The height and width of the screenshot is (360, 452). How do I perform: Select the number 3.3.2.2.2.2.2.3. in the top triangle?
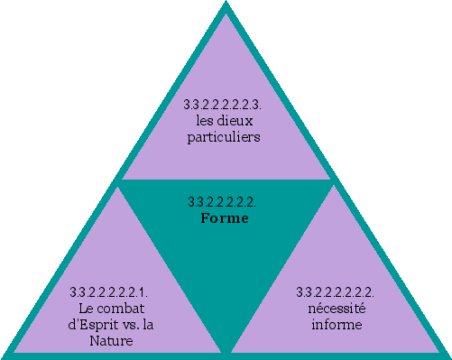click(x=225, y=105)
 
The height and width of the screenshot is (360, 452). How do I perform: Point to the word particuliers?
click(x=225, y=138)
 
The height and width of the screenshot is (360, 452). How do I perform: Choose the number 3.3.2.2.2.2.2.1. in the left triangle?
click(x=110, y=291)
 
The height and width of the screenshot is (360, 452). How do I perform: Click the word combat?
click(x=125, y=309)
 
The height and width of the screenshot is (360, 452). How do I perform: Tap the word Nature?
click(x=111, y=341)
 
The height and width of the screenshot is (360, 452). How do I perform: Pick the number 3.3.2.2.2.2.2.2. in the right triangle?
click(x=336, y=291)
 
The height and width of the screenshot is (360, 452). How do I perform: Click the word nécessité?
click(x=336, y=308)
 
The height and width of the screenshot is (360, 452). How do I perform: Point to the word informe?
click(x=336, y=324)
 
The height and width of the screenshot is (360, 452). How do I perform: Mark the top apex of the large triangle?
click(x=226, y=5)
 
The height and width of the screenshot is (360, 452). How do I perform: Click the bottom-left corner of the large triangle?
click(x=5, y=355)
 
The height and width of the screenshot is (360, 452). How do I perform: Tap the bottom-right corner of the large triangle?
click(x=447, y=355)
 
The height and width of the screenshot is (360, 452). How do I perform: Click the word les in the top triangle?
click(x=205, y=122)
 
